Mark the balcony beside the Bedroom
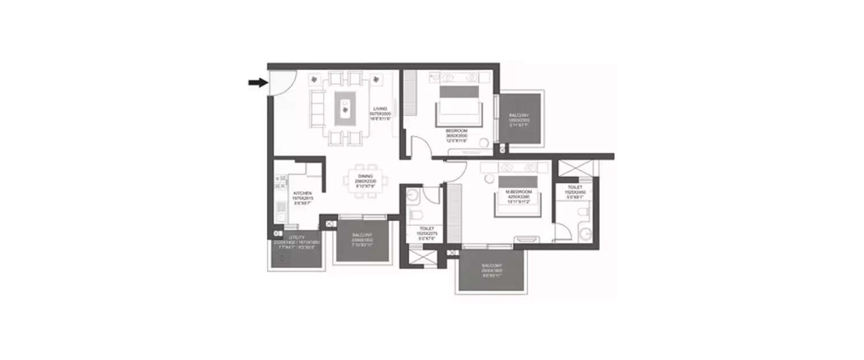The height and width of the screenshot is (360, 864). (x=520, y=119)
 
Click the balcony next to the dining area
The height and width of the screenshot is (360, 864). (x=362, y=241)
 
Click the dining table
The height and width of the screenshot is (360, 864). (x=365, y=180)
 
